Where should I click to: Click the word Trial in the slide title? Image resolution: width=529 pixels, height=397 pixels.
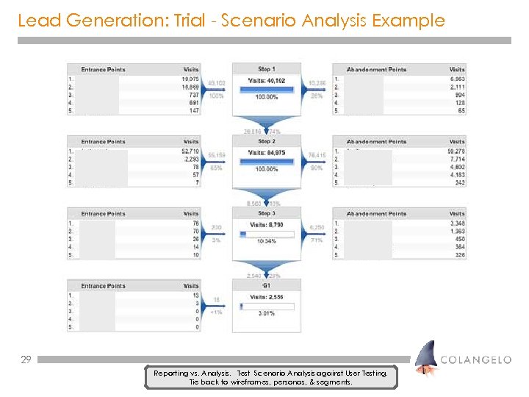tap(193, 20)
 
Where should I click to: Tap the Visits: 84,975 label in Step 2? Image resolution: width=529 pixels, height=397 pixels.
tap(267, 153)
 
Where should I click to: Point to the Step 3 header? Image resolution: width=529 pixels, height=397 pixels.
tap(267, 213)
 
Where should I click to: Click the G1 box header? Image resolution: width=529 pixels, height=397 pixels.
tap(267, 285)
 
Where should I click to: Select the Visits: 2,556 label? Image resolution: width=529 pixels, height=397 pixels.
tap(267, 296)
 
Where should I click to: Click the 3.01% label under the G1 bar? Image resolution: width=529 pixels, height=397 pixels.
tap(267, 314)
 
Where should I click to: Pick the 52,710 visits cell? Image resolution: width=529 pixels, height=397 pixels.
tap(190, 151)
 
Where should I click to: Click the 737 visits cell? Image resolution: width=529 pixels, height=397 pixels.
tap(192, 95)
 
